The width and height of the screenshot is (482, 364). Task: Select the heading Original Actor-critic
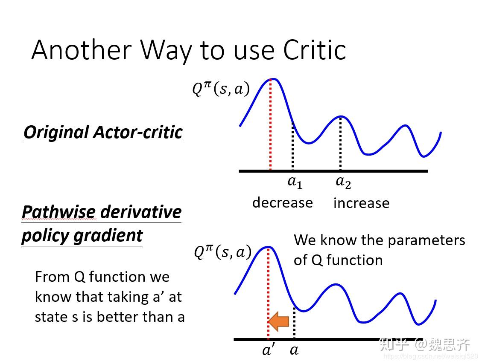click(103, 132)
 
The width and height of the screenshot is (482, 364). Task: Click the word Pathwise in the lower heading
click(58, 212)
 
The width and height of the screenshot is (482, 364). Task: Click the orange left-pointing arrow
click(279, 321)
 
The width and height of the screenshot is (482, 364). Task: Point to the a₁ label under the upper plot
click(295, 182)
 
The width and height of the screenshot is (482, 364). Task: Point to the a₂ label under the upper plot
click(343, 182)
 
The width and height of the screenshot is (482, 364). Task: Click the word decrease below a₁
click(282, 202)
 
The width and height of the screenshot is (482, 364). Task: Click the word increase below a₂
click(361, 203)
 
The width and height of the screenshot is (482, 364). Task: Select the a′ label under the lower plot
click(269, 350)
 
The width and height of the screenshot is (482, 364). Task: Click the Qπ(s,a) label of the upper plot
click(220, 89)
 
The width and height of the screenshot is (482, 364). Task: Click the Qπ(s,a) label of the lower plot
click(222, 252)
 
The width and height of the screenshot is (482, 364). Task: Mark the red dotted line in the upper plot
click(270, 128)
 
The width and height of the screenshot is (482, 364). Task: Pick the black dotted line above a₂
click(340, 145)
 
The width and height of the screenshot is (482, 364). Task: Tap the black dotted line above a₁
click(292, 147)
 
